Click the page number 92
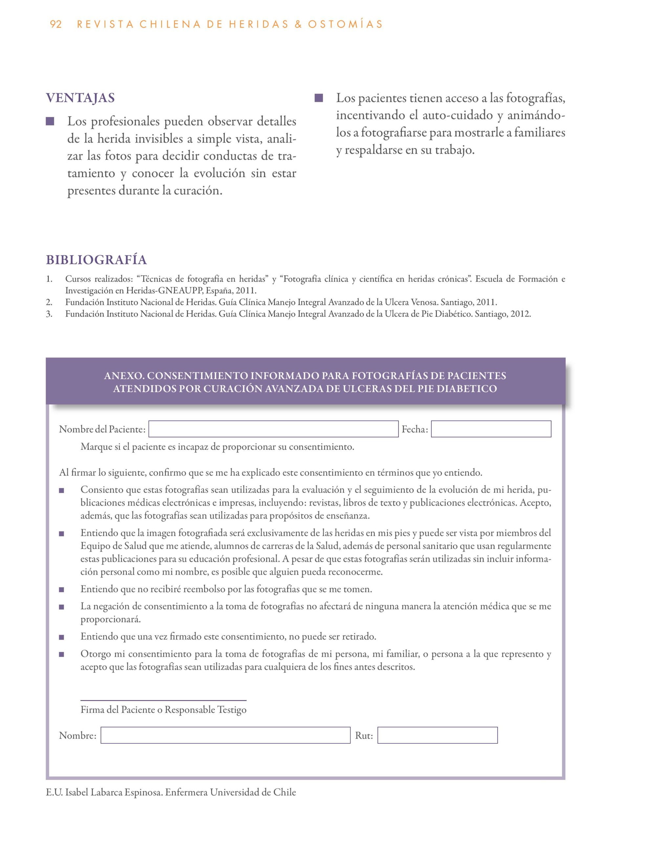point(56,25)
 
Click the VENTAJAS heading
point(80,98)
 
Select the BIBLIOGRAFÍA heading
point(96,260)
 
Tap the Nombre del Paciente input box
point(273,429)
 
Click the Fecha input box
point(491,429)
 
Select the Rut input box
point(437,735)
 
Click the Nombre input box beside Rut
point(226,735)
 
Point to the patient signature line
point(163,700)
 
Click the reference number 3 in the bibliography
point(49,314)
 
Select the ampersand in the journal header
point(298,25)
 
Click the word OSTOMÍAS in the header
point(345,25)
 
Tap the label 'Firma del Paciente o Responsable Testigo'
point(163,710)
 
